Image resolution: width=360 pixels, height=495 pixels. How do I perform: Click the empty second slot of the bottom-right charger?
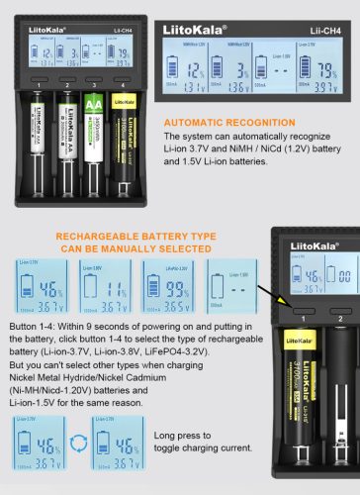click(341, 416)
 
